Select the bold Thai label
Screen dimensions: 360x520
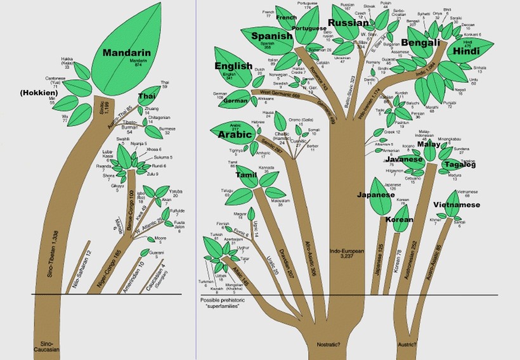click(x=147, y=96)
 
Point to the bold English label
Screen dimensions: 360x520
click(x=233, y=66)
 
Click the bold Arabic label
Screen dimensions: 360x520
click(x=236, y=135)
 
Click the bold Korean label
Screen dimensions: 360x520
click(x=399, y=220)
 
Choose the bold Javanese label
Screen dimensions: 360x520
click(x=403, y=160)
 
